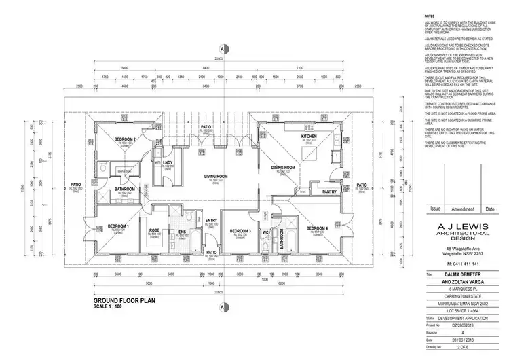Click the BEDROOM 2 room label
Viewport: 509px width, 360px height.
[x=107, y=139]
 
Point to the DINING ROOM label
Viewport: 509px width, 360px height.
[x=283, y=167]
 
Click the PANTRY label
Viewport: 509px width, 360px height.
[x=330, y=192]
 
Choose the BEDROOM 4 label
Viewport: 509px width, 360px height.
[x=317, y=228]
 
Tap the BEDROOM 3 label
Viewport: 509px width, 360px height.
[x=240, y=231]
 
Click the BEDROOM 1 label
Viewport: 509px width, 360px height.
[x=118, y=226]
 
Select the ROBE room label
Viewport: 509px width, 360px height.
[x=154, y=231]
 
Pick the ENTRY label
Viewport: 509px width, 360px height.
[x=211, y=220]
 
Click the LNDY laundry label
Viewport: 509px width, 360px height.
[x=167, y=162]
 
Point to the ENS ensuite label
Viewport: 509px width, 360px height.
[x=182, y=231]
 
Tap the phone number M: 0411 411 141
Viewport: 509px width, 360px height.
[x=464, y=262]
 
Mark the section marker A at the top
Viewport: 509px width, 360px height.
[x=222, y=49]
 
